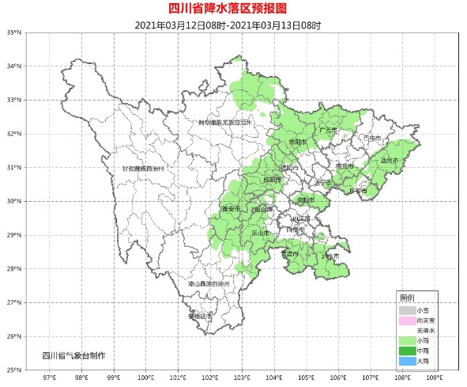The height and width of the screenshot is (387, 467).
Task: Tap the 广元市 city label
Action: (x=327, y=130)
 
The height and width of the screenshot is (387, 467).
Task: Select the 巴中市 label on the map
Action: (x=372, y=138)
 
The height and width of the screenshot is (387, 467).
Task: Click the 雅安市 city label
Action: (x=230, y=209)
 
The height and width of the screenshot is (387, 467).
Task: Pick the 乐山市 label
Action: (x=260, y=233)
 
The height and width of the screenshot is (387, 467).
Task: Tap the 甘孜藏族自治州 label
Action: (x=143, y=169)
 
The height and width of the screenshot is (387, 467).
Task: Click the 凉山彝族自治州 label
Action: (x=209, y=283)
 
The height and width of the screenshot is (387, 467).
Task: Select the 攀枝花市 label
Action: (x=200, y=316)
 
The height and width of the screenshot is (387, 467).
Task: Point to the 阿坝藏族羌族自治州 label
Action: (x=224, y=123)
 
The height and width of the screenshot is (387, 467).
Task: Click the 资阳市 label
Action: (x=305, y=200)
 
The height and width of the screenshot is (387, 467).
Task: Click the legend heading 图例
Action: (x=407, y=298)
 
